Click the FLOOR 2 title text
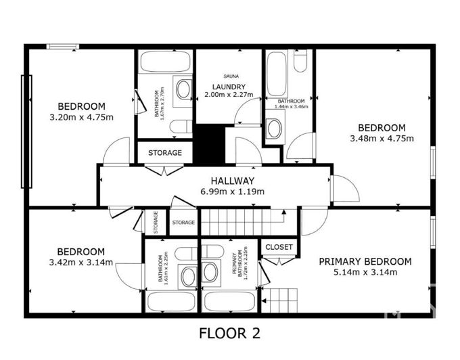pos(229,334)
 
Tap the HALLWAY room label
pos(232,181)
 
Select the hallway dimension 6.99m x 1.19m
pos(232,192)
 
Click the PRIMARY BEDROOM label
pos(365,262)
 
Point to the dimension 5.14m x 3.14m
pos(365,273)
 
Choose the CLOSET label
pos(279,247)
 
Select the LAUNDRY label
pos(228,87)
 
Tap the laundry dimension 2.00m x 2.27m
pos(228,95)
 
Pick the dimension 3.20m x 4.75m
pos(81,117)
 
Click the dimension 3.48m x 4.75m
pos(382,139)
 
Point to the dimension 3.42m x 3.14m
pos(80,263)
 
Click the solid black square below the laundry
pos(210,143)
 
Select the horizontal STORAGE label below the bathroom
pos(165,153)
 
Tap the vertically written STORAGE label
pos(156,223)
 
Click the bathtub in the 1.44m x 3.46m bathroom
pos(277,74)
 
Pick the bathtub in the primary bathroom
pos(229,300)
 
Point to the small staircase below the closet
pos(279,298)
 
